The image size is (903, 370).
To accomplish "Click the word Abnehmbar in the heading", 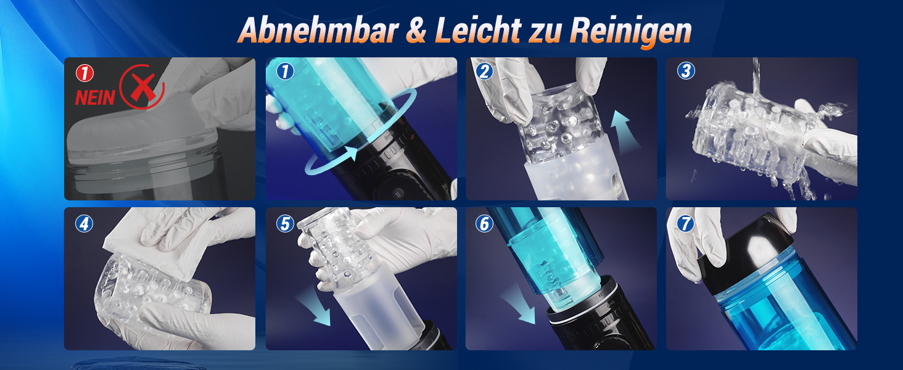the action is tap(318, 30).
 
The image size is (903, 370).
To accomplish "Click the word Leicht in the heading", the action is tap(478, 30).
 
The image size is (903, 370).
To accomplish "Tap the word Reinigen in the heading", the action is tap(631, 32).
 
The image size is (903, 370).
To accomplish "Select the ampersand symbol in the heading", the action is tap(416, 31).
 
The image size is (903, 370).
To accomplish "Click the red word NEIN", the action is tap(95, 98).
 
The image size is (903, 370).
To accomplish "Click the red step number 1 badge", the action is tap(85, 73).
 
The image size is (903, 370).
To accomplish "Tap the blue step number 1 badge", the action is tap(285, 72).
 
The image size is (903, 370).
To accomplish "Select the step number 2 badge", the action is tap(484, 72).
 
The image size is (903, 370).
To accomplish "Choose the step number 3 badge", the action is tap(686, 70).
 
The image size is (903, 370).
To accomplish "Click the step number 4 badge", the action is tap(85, 224).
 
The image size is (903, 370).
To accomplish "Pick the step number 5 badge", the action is tap(285, 224).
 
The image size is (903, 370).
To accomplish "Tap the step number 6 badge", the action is tap(484, 224).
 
